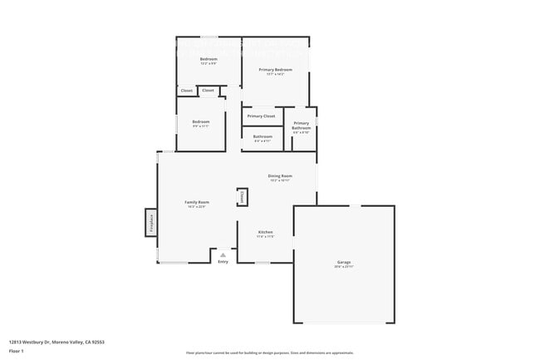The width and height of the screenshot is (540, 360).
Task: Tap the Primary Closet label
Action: point(261,116)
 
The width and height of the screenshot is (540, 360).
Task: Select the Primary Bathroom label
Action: point(301,126)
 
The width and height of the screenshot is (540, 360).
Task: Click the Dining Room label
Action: point(280,175)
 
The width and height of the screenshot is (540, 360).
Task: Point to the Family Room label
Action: point(197,203)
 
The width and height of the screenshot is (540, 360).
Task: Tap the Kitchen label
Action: point(265,232)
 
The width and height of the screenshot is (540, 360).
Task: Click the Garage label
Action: point(343,262)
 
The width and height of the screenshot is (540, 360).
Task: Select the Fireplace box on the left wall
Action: point(151,222)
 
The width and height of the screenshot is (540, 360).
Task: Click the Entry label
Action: point(223,262)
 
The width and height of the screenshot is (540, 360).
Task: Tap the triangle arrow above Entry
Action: point(223,254)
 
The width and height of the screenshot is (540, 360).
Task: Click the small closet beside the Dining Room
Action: point(243,197)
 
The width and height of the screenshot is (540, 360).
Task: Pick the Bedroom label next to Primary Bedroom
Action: point(209,59)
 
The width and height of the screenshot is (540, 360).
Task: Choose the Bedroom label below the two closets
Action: point(201,121)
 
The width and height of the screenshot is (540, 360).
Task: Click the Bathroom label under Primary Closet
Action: point(263,136)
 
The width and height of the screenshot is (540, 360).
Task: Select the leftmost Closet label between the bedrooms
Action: point(187,90)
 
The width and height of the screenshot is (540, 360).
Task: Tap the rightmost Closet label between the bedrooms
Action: point(208,90)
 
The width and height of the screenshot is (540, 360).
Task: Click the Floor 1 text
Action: point(17,351)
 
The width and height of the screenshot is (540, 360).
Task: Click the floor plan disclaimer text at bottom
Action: point(269,353)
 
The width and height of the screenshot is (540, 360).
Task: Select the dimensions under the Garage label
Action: point(343,267)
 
